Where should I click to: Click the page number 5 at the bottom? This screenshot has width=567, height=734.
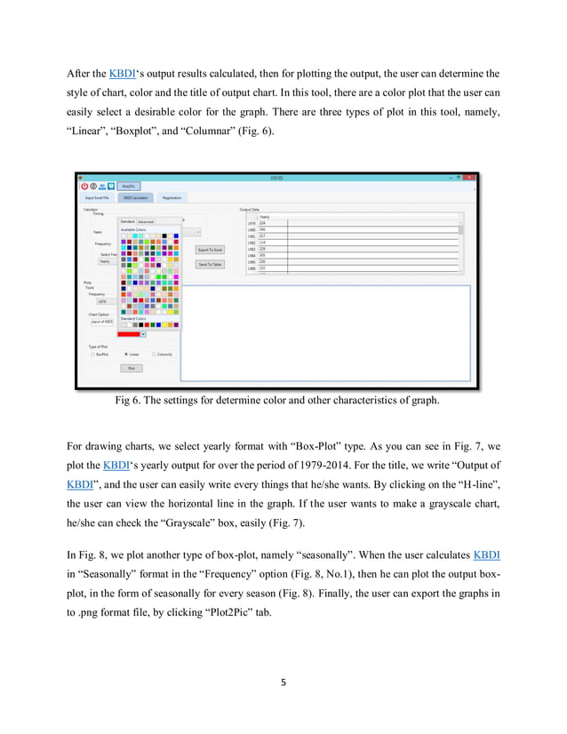pyautogui.click(x=283, y=683)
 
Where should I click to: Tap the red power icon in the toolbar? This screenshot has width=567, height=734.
pyautogui.click(x=85, y=187)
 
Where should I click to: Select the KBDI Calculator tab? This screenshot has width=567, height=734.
pyautogui.click(x=136, y=198)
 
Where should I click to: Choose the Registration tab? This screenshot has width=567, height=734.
pyautogui.click(x=172, y=198)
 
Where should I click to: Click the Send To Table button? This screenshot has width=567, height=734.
pyautogui.click(x=210, y=264)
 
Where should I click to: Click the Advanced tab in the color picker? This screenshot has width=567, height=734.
pyautogui.click(x=145, y=221)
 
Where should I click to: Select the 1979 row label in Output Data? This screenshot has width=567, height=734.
pyautogui.click(x=252, y=223)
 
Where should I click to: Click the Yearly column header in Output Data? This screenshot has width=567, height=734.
pyautogui.click(x=266, y=217)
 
